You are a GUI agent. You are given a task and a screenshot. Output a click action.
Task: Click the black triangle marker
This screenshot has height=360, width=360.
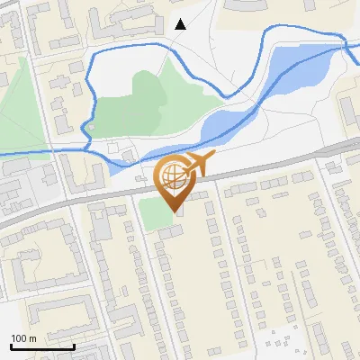[x=181, y=24]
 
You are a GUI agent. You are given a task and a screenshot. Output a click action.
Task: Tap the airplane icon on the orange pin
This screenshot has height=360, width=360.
[x=199, y=165]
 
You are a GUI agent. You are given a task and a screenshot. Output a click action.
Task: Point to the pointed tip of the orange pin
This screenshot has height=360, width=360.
[x=175, y=212]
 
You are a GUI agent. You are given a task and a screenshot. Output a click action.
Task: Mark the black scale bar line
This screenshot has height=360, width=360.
[x=41, y=346]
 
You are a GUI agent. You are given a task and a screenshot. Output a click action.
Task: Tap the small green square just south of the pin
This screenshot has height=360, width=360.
[x=153, y=211]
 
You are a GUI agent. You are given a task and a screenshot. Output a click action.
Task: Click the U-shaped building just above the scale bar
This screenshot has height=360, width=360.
[x=54, y=310]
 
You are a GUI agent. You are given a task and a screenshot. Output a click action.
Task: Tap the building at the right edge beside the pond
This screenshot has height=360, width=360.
[x=349, y=108]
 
